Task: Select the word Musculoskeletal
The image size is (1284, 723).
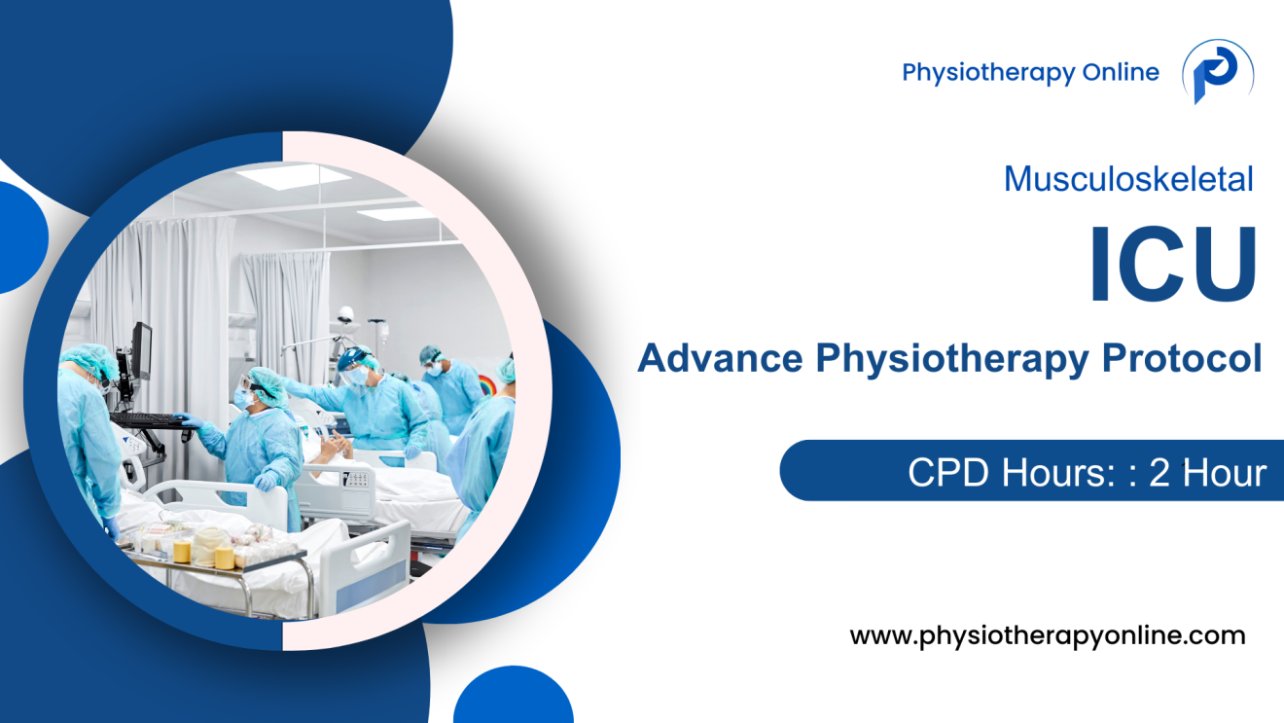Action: point(1128,179)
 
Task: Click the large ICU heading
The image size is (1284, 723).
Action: point(1172,264)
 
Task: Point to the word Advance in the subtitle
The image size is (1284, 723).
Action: point(721,359)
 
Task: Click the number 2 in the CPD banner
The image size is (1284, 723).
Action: point(1159,473)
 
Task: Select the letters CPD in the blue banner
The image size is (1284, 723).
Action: point(945,473)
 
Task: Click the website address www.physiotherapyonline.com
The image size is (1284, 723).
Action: point(1048,636)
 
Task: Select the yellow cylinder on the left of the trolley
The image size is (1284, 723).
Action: point(182,550)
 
